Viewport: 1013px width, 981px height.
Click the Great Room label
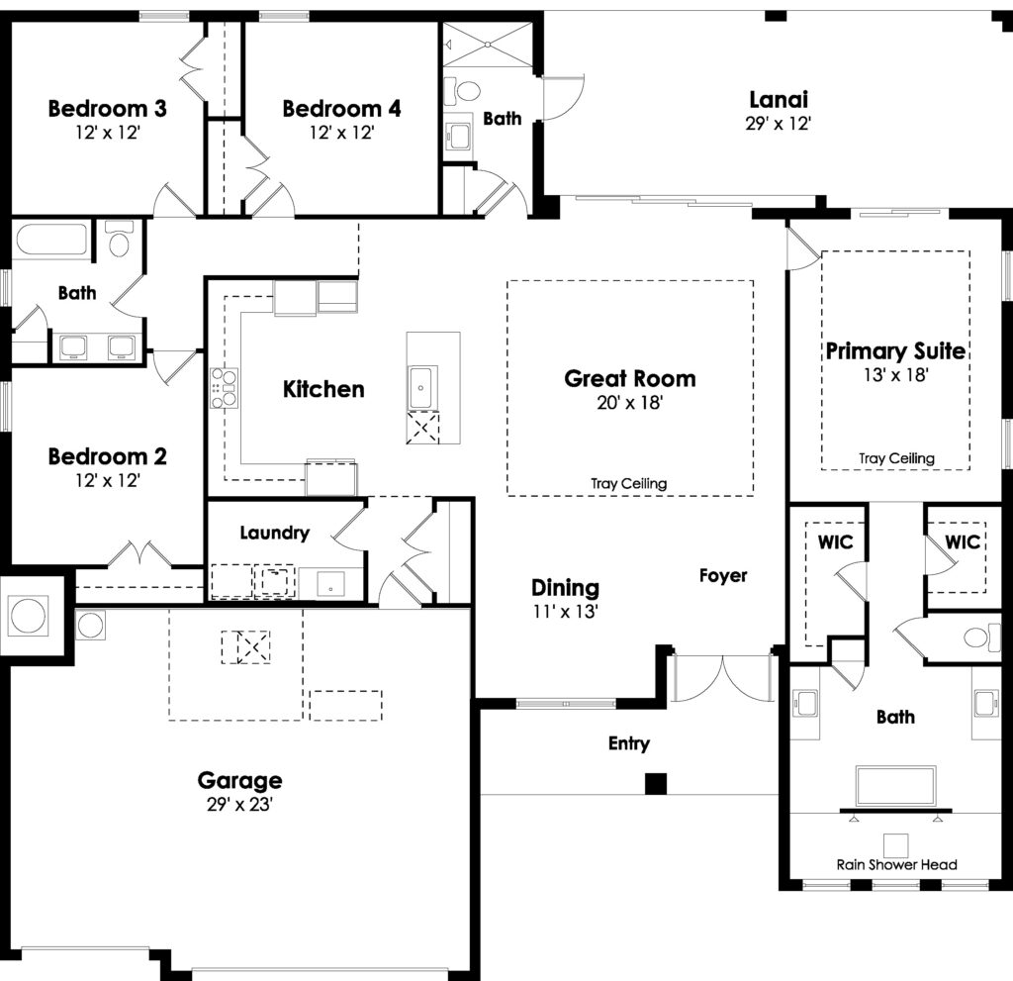tap(630, 378)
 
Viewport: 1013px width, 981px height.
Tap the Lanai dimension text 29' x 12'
tap(778, 124)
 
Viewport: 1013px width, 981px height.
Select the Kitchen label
tap(323, 389)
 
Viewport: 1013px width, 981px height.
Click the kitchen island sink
tap(420, 387)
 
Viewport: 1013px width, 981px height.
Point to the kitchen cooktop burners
tap(224, 387)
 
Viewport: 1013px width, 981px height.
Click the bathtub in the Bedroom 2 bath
tap(51, 240)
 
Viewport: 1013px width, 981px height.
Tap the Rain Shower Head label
tap(896, 864)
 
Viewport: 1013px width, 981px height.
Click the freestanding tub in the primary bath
tap(895, 786)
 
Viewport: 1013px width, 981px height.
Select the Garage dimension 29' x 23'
tap(239, 805)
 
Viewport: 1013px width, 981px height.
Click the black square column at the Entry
tap(656, 783)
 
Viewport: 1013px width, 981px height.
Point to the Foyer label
tap(723, 575)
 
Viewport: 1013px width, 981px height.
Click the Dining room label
tap(565, 587)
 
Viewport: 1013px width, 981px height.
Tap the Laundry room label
tap(275, 533)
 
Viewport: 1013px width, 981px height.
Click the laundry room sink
tap(330, 585)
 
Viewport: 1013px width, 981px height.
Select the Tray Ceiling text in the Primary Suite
tap(896, 458)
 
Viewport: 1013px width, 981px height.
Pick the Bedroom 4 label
tap(341, 108)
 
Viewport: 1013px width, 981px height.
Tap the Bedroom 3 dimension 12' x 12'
tap(108, 133)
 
